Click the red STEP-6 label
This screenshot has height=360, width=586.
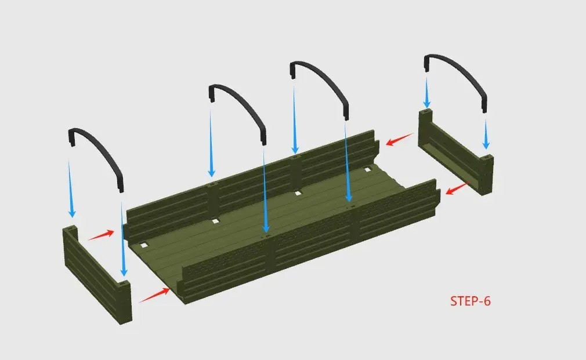(470, 301)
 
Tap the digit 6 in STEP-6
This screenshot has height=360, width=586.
(487, 301)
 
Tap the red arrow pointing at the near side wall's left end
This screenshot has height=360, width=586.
(154, 295)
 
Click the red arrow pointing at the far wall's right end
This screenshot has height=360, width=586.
(400, 139)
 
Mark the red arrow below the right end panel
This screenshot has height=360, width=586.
(457, 188)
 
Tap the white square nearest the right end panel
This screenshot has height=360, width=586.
(368, 170)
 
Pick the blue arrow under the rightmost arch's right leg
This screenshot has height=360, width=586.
(486, 134)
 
